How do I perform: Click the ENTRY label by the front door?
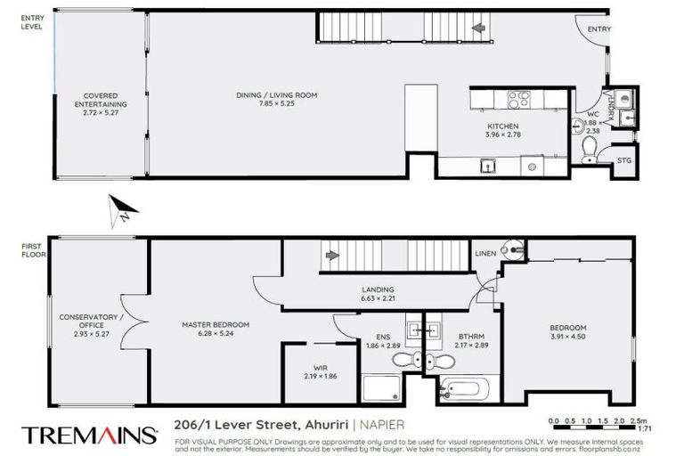[598, 29]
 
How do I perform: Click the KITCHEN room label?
[501, 126]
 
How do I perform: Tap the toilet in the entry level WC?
[589, 150]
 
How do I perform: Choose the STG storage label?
[624, 160]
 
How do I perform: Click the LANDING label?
[378, 289]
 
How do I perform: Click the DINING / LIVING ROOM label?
[276, 95]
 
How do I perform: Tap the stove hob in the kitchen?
[518, 100]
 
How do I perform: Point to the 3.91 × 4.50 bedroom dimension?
[567, 337]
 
